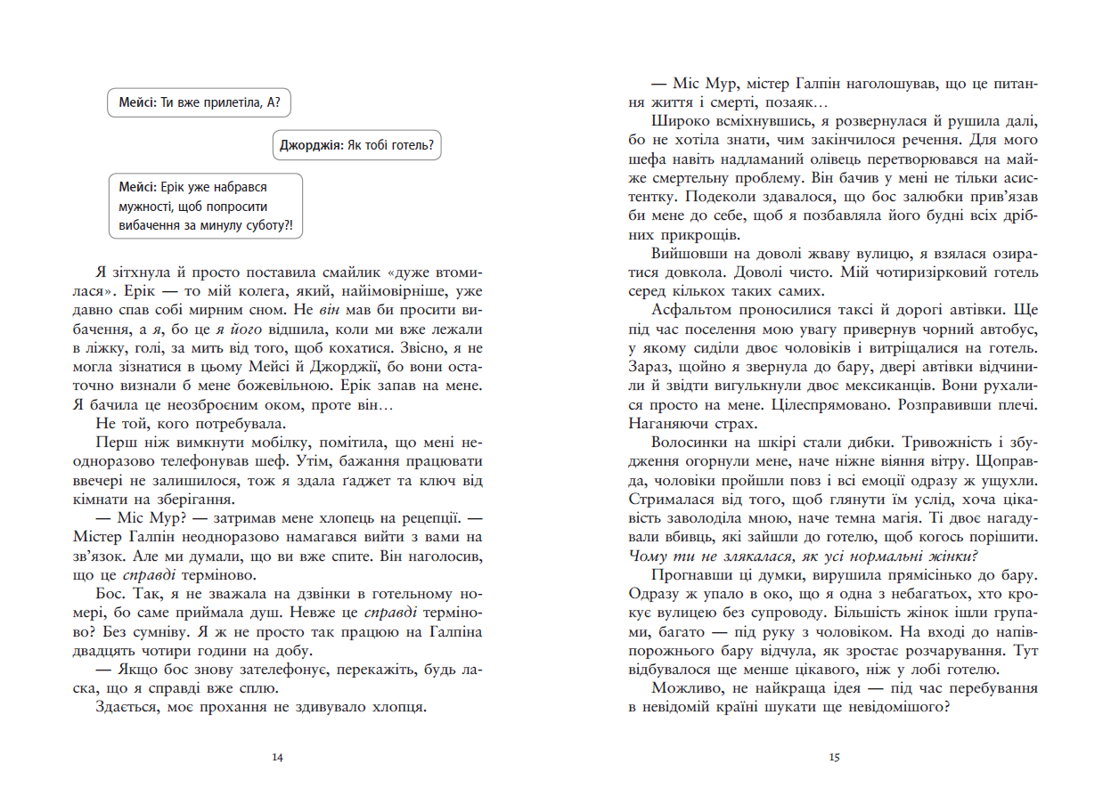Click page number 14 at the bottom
coord(277,758)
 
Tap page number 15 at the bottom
coord(833,758)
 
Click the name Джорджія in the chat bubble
coord(309,145)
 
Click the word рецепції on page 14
coord(422,516)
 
